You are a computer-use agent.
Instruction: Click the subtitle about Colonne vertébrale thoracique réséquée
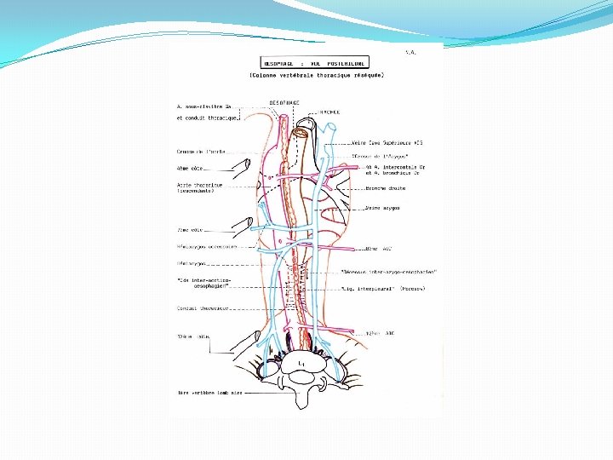click(x=317, y=75)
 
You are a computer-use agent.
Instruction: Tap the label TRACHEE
click(x=331, y=111)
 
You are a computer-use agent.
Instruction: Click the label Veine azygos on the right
click(x=383, y=208)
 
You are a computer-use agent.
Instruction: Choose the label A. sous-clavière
click(x=203, y=106)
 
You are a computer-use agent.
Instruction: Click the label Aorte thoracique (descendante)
click(x=199, y=187)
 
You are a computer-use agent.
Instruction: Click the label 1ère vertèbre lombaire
click(x=206, y=394)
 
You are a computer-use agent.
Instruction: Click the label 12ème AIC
click(x=379, y=332)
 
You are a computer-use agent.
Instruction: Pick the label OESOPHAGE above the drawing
click(x=284, y=101)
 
